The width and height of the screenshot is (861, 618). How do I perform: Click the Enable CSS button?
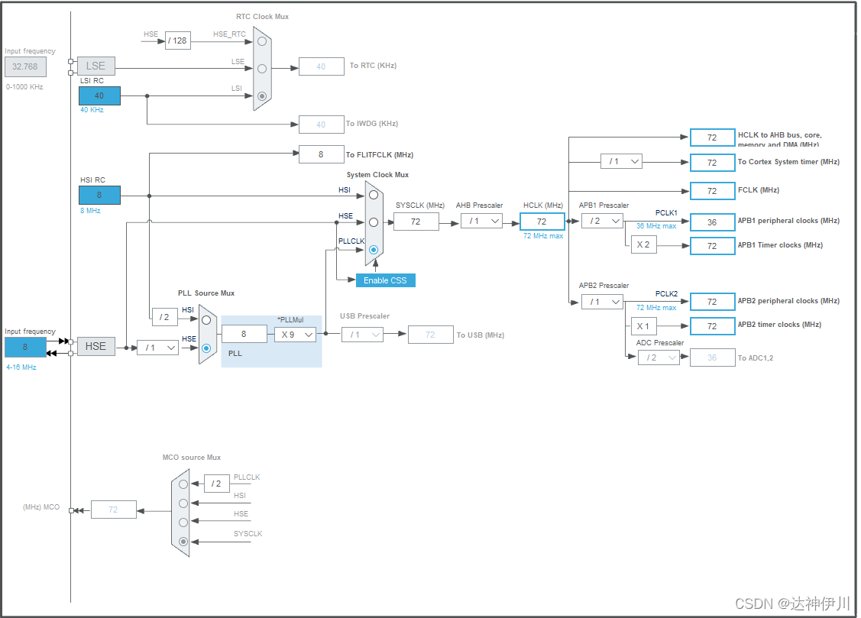(x=385, y=280)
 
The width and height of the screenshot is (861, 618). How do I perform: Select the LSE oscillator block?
(x=95, y=66)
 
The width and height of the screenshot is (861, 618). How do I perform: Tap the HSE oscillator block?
(x=95, y=346)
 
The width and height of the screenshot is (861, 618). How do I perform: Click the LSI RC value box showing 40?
(x=99, y=95)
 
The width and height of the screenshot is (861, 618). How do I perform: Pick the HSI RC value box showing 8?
(x=99, y=195)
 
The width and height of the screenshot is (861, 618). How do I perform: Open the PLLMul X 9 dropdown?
(x=296, y=334)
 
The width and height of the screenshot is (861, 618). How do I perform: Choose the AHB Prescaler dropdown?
(x=481, y=221)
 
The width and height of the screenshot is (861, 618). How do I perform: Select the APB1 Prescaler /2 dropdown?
(x=602, y=221)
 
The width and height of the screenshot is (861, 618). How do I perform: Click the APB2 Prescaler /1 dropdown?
(x=602, y=302)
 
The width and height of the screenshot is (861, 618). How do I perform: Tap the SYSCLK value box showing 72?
(x=416, y=222)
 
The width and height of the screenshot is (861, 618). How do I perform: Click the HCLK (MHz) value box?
(x=542, y=222)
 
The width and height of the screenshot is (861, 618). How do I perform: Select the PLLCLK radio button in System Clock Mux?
(x=374, y=249)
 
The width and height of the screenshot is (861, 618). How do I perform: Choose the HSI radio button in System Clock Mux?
(x=374, y=194)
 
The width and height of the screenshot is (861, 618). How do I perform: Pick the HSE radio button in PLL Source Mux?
(x=206, y=348)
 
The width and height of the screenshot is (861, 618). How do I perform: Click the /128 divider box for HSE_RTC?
(x=177, y=40)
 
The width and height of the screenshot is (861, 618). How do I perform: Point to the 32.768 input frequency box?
(x=25, y=66)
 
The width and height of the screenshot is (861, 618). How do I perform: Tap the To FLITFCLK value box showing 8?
(x=321, y=154)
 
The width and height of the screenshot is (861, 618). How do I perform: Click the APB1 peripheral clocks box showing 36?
(x=712, y=222)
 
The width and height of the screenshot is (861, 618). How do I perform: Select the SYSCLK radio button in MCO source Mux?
(x=183, y=542)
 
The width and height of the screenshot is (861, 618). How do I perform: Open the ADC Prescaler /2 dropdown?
(x=659, y=358)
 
